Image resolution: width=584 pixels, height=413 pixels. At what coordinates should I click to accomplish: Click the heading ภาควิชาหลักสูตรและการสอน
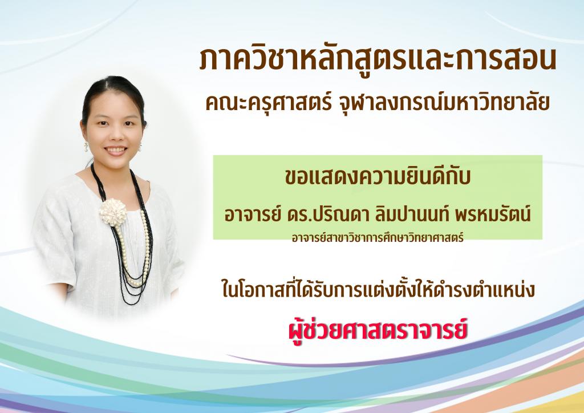click(378, 59)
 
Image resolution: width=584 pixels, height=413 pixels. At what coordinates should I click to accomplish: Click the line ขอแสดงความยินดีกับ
click(378, 176)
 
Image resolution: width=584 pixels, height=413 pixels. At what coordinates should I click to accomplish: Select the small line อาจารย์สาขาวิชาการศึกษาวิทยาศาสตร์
click(378, 238)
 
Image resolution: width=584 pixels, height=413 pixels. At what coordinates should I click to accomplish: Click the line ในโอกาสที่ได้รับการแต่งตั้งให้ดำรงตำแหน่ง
click(378, 290)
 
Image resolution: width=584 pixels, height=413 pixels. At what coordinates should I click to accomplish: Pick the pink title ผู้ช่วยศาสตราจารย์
click(378, 330)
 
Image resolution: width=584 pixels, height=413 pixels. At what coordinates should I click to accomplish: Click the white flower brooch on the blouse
click(113, 212)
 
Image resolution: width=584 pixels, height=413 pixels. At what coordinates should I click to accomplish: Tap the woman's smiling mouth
click(115, 150)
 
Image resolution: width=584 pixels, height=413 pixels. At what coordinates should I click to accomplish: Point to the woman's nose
click(114, 135)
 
